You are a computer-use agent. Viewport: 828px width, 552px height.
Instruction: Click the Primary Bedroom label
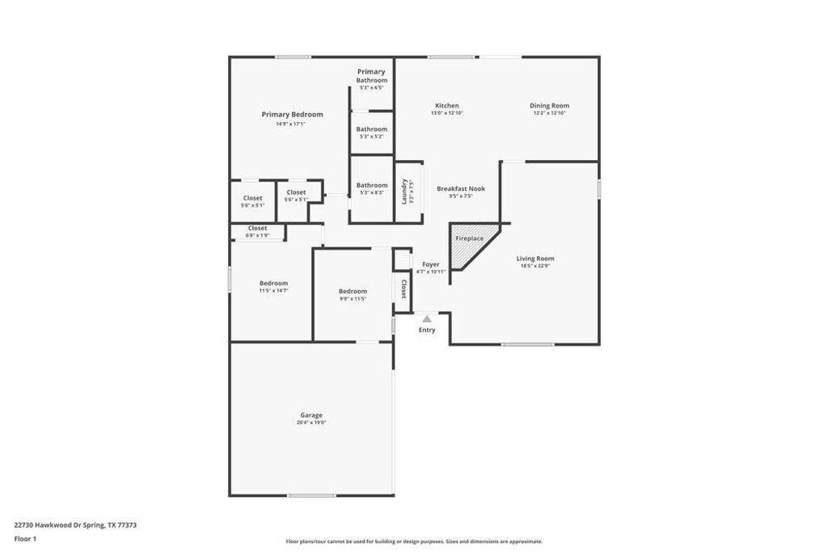[292, 115]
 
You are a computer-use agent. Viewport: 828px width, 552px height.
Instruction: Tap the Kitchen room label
[447, 106]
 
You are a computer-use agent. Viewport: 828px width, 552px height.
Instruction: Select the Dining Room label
[549, 106]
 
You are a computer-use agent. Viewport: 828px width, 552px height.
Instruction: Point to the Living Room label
[535, 259]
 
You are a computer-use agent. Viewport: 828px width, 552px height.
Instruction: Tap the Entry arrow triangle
[427, 319]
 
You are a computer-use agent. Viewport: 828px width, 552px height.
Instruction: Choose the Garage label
[311, 415]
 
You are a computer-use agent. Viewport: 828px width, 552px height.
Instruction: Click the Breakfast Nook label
[461, 188]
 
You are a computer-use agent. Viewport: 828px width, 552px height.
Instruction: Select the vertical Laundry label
[404, 191]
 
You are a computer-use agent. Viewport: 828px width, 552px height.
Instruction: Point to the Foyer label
[431, 264]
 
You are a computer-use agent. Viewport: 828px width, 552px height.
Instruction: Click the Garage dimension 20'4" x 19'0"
[311, 423]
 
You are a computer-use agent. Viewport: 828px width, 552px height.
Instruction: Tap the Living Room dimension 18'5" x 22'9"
[535, 266]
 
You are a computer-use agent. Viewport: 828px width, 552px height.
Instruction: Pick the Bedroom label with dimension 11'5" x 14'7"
[273, 283]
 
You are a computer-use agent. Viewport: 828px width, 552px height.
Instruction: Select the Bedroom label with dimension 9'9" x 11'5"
[353, 291]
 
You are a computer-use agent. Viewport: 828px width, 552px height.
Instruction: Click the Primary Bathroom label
[372, 76]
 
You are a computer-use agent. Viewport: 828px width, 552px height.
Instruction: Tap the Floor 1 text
[26, 538]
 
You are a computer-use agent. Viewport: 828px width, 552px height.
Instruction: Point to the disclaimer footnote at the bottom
[414, 541]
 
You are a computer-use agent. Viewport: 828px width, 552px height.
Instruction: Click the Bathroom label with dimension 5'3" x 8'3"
[372, 185]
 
